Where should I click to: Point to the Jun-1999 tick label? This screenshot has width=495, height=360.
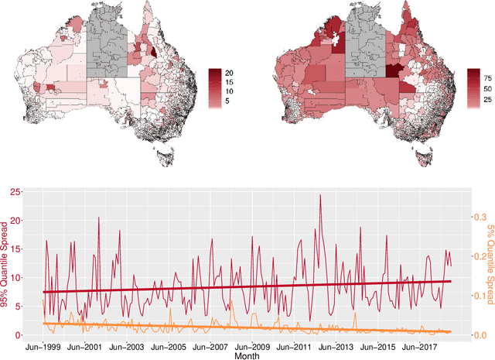click(x=43, y=345)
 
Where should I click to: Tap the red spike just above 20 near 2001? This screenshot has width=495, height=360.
click(x=98, y=218)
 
